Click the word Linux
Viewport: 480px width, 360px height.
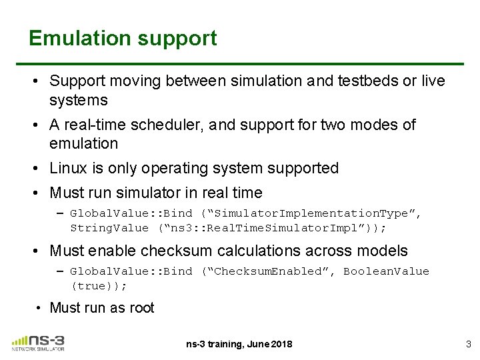pyautogui.click(x=68, y=168)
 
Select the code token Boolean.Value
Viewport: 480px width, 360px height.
pyautogui.click(x=386, y=271)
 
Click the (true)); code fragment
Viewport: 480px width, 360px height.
pyautogui.click(x=99, y=285)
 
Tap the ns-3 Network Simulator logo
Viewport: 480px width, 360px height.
pyautogui.click(x=38, y=342)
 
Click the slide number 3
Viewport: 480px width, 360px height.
pyautogui.click(x=467, y=343)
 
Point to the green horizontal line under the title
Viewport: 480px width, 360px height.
pyautogui.click(x=247, y=64)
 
